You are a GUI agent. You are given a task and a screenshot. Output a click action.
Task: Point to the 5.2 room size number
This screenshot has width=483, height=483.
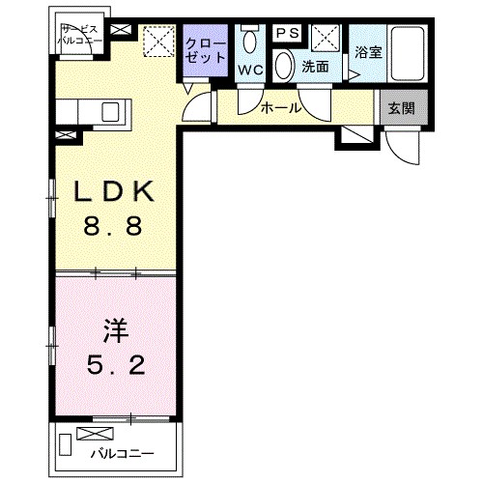click(x=115, y=368)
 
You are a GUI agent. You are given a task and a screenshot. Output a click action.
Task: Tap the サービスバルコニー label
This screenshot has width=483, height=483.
click(x=73, y=36)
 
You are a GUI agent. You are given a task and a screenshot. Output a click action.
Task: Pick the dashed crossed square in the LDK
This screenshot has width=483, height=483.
click(x=155, y=43)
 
